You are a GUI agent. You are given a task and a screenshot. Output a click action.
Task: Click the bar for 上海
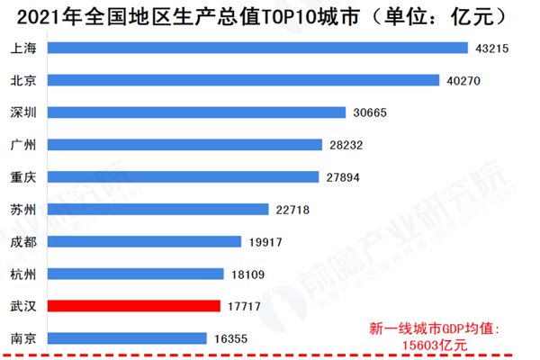coord(256,48)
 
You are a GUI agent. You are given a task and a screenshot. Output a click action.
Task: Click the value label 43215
coord(491,48)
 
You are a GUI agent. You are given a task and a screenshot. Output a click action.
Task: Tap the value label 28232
coord(346,145)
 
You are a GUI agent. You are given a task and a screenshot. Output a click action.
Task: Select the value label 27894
coord(342,177)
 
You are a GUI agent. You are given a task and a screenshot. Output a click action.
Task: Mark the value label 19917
coord(265,241)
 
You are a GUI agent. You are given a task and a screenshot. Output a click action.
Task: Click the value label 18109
coord(247,274)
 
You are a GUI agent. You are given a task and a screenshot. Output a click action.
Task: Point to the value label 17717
coord(244,306)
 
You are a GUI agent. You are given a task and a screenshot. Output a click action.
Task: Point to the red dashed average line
coord(270,354)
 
